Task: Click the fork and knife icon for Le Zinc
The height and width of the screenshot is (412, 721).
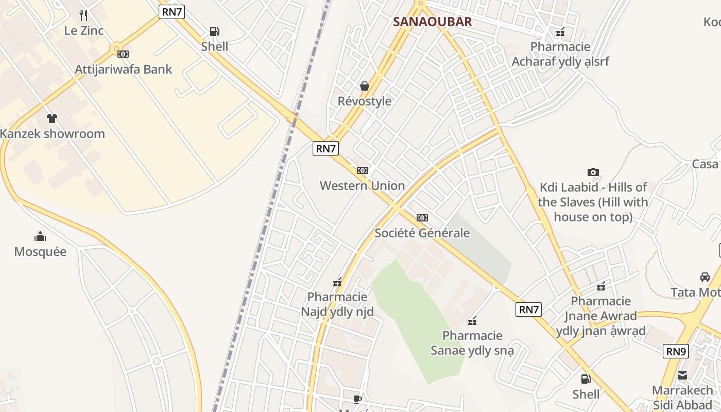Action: [x=83, y=15]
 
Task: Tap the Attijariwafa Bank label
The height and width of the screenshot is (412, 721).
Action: [x=124, y=69]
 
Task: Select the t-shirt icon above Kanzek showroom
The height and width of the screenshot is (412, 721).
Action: [x=51, y=118]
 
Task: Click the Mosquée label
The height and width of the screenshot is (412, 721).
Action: [x=40, y=252]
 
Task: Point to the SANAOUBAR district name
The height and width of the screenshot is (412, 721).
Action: [x=432, y=22]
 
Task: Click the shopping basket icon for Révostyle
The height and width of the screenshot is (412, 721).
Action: [x=365, y=86]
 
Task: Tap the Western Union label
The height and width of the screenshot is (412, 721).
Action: [x=362, y=185]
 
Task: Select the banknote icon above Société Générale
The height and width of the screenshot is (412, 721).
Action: [x=422, y=218]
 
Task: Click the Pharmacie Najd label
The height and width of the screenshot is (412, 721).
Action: [x=337, y=304]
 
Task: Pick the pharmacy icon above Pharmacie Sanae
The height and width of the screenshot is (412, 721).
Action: [x=472, y=321]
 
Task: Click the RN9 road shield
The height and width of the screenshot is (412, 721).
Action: [x=676, y=351]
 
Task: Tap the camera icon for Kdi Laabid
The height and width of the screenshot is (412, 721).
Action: [x=593, y=173]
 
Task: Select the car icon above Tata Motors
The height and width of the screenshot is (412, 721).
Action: [x=705, y=277]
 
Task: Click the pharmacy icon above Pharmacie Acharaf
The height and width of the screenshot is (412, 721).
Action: [x=560, y=32]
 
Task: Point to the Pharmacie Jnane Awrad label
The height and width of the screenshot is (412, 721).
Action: [x=600, y=316]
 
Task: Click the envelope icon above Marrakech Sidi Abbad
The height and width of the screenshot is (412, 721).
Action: [x=682, y=375]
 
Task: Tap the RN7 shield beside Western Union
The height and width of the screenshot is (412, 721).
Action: [x=325, y=148]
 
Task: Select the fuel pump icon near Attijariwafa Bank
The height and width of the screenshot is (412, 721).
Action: [x=214, y=31]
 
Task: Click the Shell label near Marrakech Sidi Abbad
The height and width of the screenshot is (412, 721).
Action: [x=586, y=394]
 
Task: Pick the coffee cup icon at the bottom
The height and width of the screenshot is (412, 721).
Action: [x=357, y=399]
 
